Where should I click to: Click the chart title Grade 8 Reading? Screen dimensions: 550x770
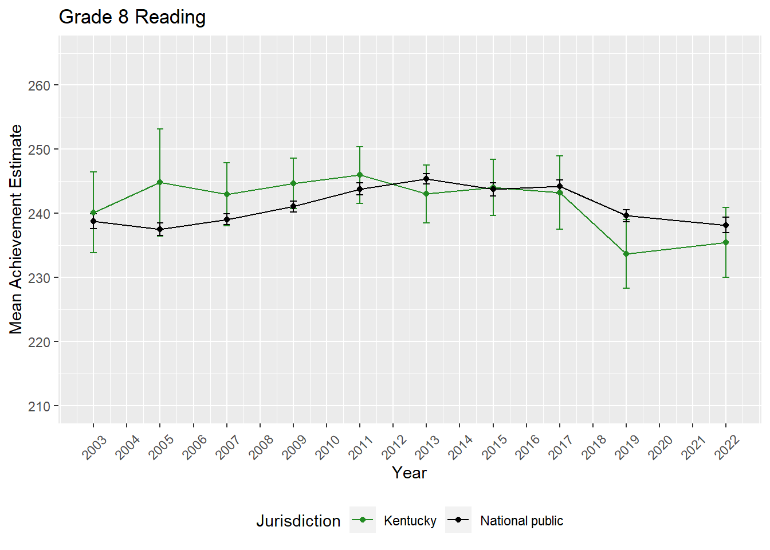(x=132, y=17)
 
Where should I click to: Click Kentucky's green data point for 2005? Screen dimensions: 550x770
(x=160, y=182)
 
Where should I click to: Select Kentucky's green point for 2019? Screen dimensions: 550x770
(x=626, y=254)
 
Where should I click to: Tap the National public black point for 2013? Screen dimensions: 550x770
(x=426, y=179)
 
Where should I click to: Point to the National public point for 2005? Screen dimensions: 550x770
(x=160, y=229)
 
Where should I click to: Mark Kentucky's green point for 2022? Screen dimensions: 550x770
(x=726, y=242)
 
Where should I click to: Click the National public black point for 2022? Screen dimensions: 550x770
(x=726, y=225)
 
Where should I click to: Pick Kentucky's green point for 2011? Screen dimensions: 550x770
(x=360, y=175)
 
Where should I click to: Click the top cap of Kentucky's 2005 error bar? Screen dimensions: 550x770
(x=160, y=129)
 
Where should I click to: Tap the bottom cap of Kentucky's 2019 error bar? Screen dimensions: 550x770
(x=626, y=288)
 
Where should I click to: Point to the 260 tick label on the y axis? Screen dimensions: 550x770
(x=39, y=85)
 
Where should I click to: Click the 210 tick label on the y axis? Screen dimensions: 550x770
(x=39, y=406)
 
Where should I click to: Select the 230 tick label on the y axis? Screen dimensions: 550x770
(x=39, y=278)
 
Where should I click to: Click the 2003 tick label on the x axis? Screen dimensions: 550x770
(x=95, y=447)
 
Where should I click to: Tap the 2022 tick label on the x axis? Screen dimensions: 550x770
(x=727, y=447)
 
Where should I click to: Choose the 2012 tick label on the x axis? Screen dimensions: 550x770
(x=394, y=447)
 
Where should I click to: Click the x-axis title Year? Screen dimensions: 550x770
(x=409, y=473)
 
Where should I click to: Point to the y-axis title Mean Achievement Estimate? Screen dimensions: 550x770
(x=16, y=229)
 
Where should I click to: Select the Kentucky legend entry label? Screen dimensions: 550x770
(x=410, y=521)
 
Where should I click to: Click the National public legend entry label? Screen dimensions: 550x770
(x=521, y=521)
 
